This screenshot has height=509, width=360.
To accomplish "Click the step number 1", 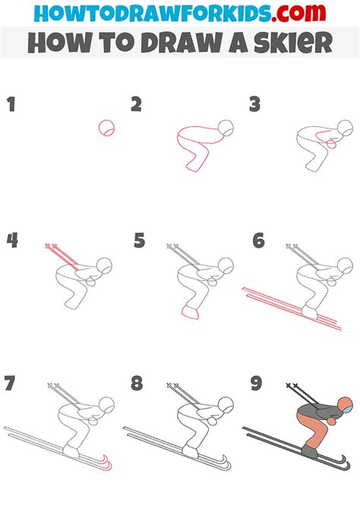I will (11, 104).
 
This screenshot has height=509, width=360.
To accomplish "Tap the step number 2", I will (137, 104).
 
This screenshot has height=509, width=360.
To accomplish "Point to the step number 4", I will (12, 241).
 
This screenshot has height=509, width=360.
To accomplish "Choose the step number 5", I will (138, 241).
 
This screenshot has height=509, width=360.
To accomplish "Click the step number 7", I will (11, 384).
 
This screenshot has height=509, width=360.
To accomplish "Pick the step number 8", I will (137, 384).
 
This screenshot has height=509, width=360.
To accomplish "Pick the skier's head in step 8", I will (226, 404).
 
